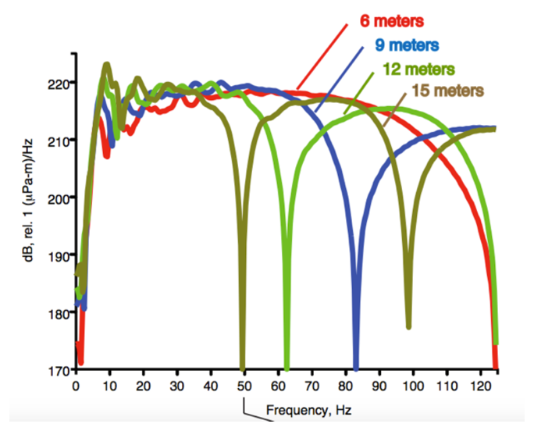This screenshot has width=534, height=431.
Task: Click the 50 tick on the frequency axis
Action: click(x=244, y=386)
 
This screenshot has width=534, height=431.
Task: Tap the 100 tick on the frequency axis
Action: click(x=412, y=386)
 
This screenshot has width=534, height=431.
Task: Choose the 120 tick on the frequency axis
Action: click(x=479, y=386)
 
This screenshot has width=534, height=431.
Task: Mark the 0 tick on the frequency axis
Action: click(x=76, y=386)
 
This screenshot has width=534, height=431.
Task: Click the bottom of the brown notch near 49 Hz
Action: click(x=243, y=367)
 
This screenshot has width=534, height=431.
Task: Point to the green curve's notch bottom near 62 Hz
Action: click(x=287, y=367)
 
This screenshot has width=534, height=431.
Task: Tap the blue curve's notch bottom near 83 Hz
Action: click(x=356, y=366)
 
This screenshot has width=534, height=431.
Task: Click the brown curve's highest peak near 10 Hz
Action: click(x=107, y=65)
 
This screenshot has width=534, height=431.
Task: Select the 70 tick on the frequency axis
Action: click(x=311, y=386)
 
